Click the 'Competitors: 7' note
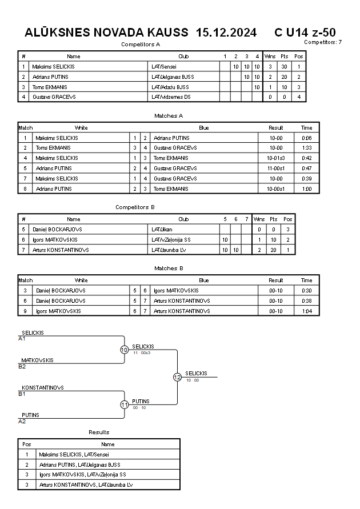pyautogui.click(x=323, y=42)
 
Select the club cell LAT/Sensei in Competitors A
pyautogui.click(x=164, y=66)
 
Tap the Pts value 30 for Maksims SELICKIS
pyautogui.click(x=284, y=66)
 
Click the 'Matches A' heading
pyautogui.click(x=169, y=115)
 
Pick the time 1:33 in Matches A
pyautogui.click(x=307, y=148)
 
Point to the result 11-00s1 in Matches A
pyautogui.click(x=276, y=169)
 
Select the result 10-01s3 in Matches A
pyautogui.click(x=276, y=158)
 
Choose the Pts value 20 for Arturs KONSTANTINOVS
pyautogui.click(x=274, y=250)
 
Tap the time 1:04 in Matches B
pyautogui.click(x=307, y=311)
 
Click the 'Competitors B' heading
pyautogui.click(x=135, y=207)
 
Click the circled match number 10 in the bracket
pyautogui.click(x=124, y=350)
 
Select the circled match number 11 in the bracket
pyautogui.click(x=124, y=404)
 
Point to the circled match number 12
pyautogui.click(x=177, y=377)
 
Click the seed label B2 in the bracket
pyautogui.click(x=22, y=366)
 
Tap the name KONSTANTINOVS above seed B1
pyautogui.click(x=42, y=387)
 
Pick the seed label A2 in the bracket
pyautogui.click(x=22, y=421)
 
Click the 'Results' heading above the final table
pyautogui.click(x=99, y=432)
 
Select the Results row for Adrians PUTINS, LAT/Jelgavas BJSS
pyautogui.click(x=79, y=464)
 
